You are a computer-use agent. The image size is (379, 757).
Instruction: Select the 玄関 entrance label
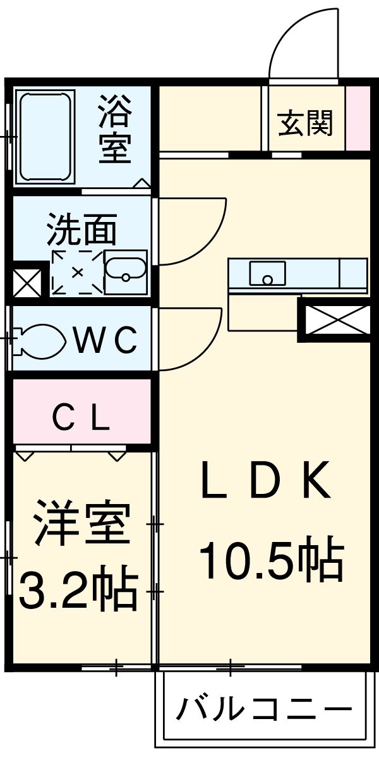pos(306,123)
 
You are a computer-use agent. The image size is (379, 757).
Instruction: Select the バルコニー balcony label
pos(263,710)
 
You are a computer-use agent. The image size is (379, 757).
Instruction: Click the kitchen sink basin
pos(267,273)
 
